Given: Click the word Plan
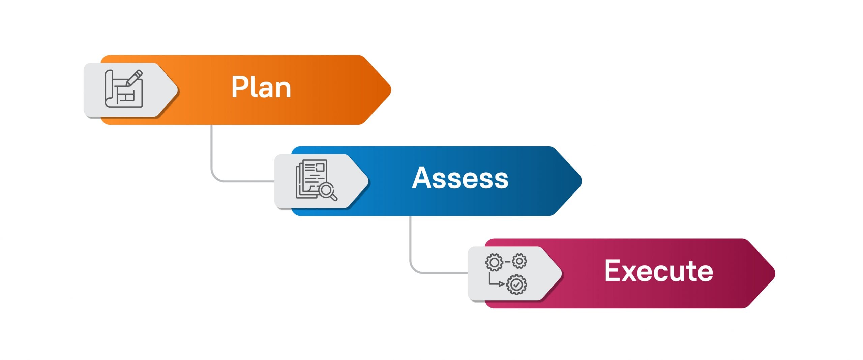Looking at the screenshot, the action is coord(261,87).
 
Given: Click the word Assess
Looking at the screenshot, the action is coord(460,178).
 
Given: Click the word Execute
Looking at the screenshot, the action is coord(659,271).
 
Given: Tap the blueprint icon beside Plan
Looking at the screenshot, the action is coord(124,89).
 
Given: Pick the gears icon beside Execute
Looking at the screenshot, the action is coord(506,274).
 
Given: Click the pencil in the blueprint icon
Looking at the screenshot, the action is coord(134,78).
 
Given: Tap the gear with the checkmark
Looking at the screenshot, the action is coord(516,285).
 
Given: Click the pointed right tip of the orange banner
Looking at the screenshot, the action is coord(390,90).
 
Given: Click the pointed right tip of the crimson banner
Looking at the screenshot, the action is coord(775,273).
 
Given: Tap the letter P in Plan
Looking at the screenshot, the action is coord(239,87).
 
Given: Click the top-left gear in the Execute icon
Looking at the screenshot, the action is coord(494,262).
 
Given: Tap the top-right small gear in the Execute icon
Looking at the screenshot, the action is coord(519,261).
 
